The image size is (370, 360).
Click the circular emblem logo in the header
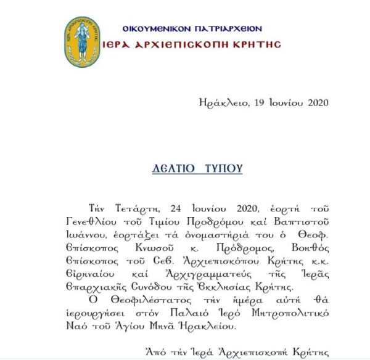pos(83,41)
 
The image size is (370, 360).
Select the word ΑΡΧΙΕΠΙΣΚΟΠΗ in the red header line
pos(190,44)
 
